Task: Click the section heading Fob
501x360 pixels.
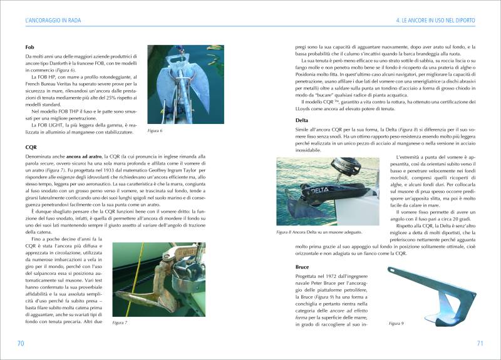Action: (29, 48)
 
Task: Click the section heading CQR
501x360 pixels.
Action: (31, 148)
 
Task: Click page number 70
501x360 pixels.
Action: (20, 343)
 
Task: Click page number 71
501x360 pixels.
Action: (480, 343)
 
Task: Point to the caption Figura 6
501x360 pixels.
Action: (155, 131)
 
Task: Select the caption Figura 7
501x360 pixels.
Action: (120, 322)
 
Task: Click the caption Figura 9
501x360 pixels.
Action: (396, 323)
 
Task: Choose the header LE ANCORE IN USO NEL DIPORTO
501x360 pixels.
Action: (436, 21)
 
